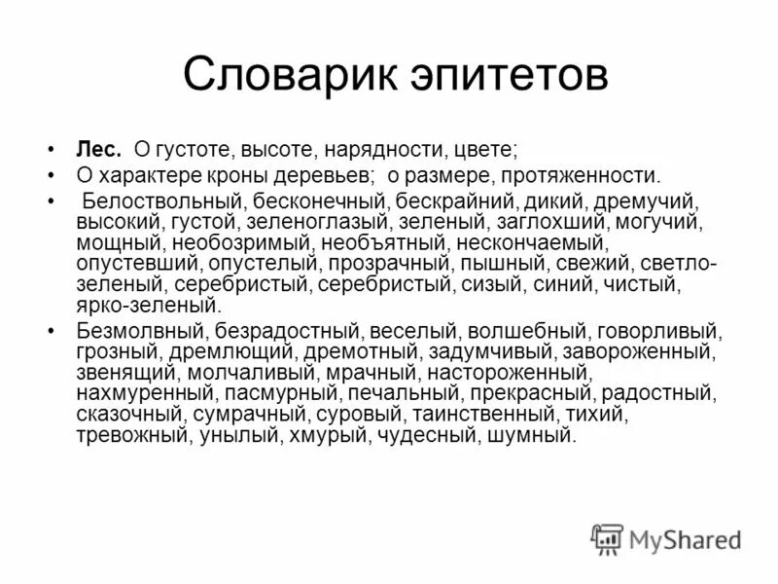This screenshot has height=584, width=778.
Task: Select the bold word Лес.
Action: click(99, 151)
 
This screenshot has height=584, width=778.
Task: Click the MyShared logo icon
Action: click(607, 538)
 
